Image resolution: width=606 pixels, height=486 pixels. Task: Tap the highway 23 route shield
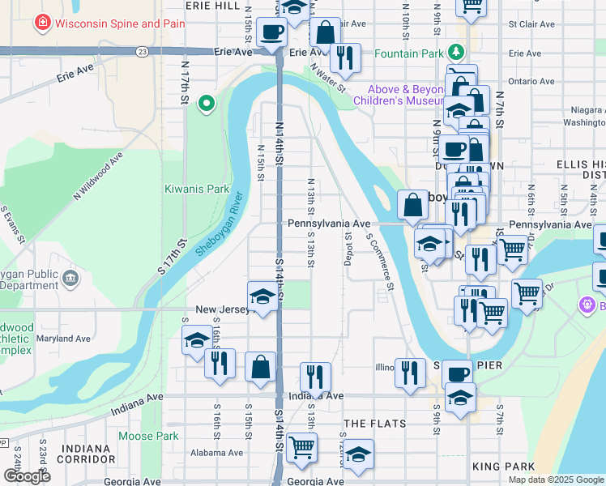pos(143,51)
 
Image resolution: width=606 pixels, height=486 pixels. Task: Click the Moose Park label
pos(147,436)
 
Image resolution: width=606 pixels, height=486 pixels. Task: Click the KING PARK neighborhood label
pos(502,467)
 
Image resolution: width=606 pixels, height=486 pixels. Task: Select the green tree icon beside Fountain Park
pos(457,53)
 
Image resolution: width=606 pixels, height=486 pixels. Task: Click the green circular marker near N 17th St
pos(207,103)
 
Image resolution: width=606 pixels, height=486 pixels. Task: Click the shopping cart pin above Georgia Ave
pos(301,446)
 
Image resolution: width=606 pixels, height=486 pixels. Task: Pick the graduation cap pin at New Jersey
pos(262,298)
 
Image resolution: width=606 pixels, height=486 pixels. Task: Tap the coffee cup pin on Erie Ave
pos(271,33)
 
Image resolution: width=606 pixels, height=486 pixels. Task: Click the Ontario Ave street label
pos(531,81)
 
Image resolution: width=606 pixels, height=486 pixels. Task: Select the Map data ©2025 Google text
pos(556,480)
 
